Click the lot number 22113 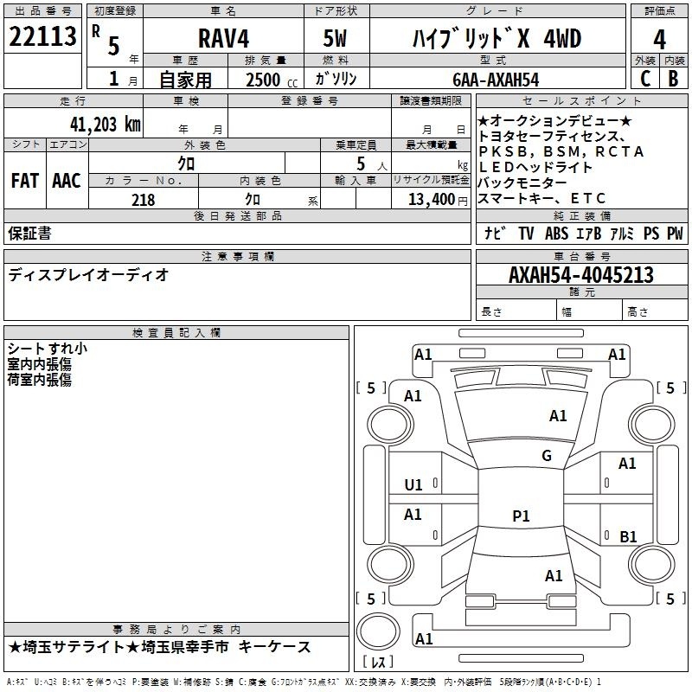(x=42, y=36)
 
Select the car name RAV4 (x=223, y=38)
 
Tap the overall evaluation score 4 (x=659, y=40)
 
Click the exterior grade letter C (x=645, y=79)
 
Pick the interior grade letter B (x=673, y=79)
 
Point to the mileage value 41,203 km (x=105, y=125)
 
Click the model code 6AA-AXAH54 (x=496, y=80)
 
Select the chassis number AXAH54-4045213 (x=580, y=275)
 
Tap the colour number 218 (x=144, y=200)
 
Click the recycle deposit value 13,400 (x=431, y=200)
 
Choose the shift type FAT (x=25, y=181)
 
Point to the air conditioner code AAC (x=67, y=181)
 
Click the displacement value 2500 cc (x=272, y=80)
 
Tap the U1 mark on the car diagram (x=413, y=485)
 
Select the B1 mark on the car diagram (x=628, y=536)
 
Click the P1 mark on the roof (x=521, y=516)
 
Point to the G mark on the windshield (x=547, y=455)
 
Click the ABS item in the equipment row (x=556, y=233)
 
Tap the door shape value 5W (x=335, y=38)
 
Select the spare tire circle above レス (x=378, y=631)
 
